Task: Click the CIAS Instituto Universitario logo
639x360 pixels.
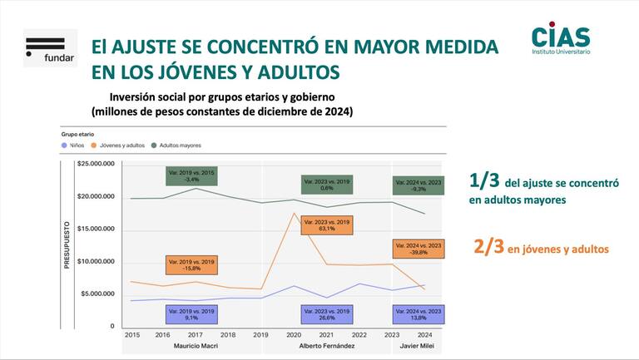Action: (561, 40)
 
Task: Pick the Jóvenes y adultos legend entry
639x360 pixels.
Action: (122, 145)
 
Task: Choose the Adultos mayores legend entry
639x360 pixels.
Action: (177, 145)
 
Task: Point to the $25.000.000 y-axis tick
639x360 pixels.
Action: (96, 165)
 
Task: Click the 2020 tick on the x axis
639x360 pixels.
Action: (295, 335)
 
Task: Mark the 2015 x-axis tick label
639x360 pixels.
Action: (131, 335)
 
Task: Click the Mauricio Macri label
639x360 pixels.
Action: (196, 345)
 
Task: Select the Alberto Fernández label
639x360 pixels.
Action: (326, 345)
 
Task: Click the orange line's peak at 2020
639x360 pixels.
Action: (295, 214)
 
